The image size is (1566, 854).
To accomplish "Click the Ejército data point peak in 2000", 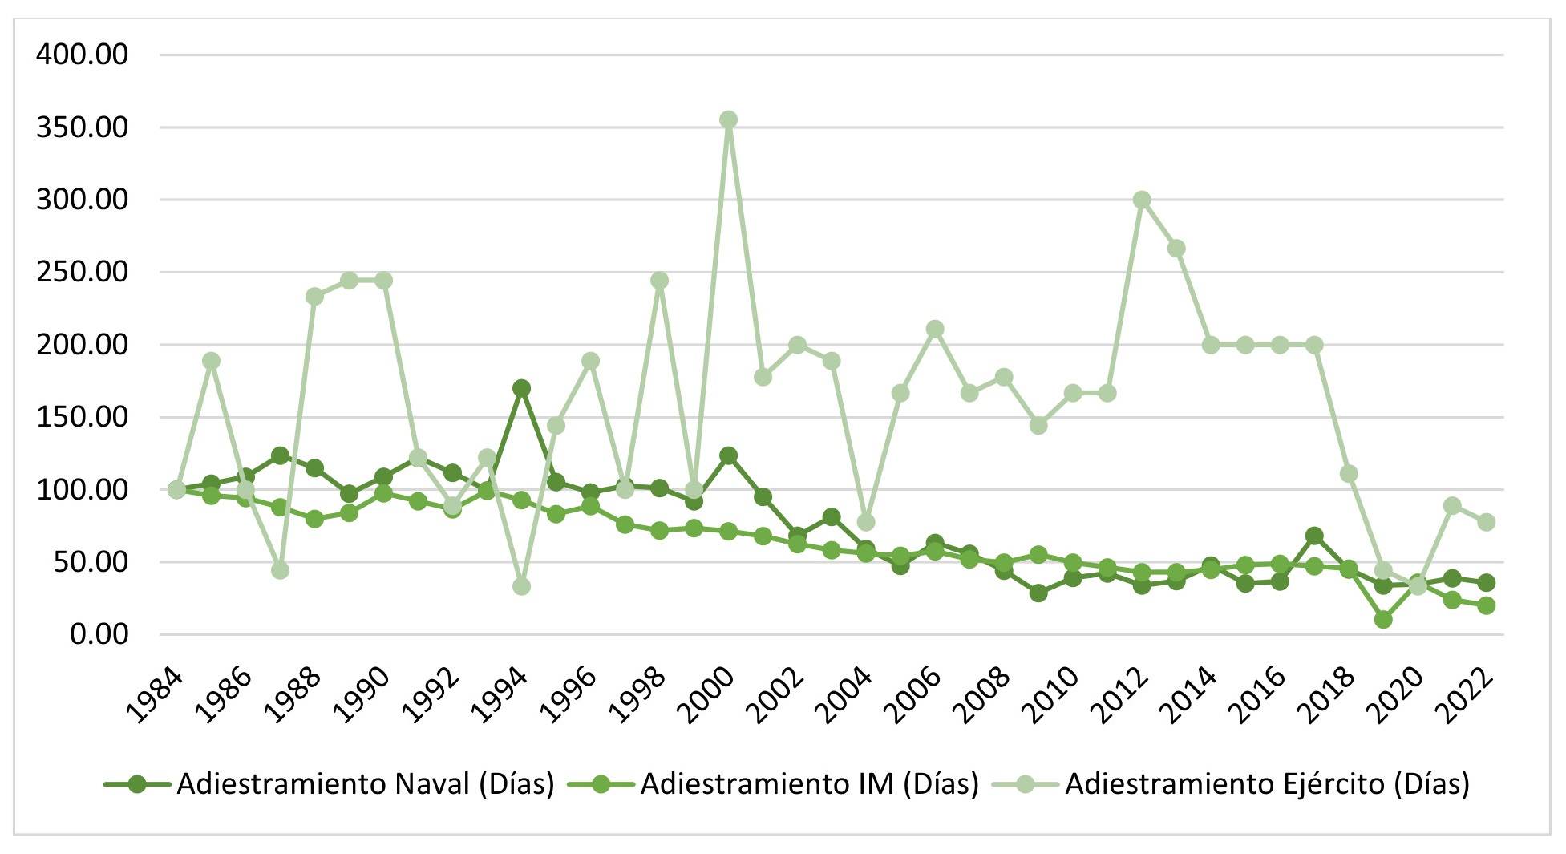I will coord(728,120).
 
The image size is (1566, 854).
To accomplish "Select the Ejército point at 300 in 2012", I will coord(1142,200).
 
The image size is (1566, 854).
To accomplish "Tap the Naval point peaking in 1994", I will coord(521,389).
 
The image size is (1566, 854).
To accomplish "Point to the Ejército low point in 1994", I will coord(521,587).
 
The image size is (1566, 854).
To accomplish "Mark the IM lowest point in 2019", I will coord(1383,620).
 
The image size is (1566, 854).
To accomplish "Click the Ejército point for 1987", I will coord(280,570).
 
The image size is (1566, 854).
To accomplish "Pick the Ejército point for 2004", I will coord(866,522).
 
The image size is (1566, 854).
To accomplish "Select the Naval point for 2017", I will coord(1314,536).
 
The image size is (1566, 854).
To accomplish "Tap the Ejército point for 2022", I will coord(1487,522).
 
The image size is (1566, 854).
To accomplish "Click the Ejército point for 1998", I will coord(659,281).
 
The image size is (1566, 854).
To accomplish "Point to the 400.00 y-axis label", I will coord(82,55).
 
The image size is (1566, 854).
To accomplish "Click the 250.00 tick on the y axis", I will coord(82,273).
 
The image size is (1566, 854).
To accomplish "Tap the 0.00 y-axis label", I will coord(99,634).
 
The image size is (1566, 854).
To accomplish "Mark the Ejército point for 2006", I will coord(935,329).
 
